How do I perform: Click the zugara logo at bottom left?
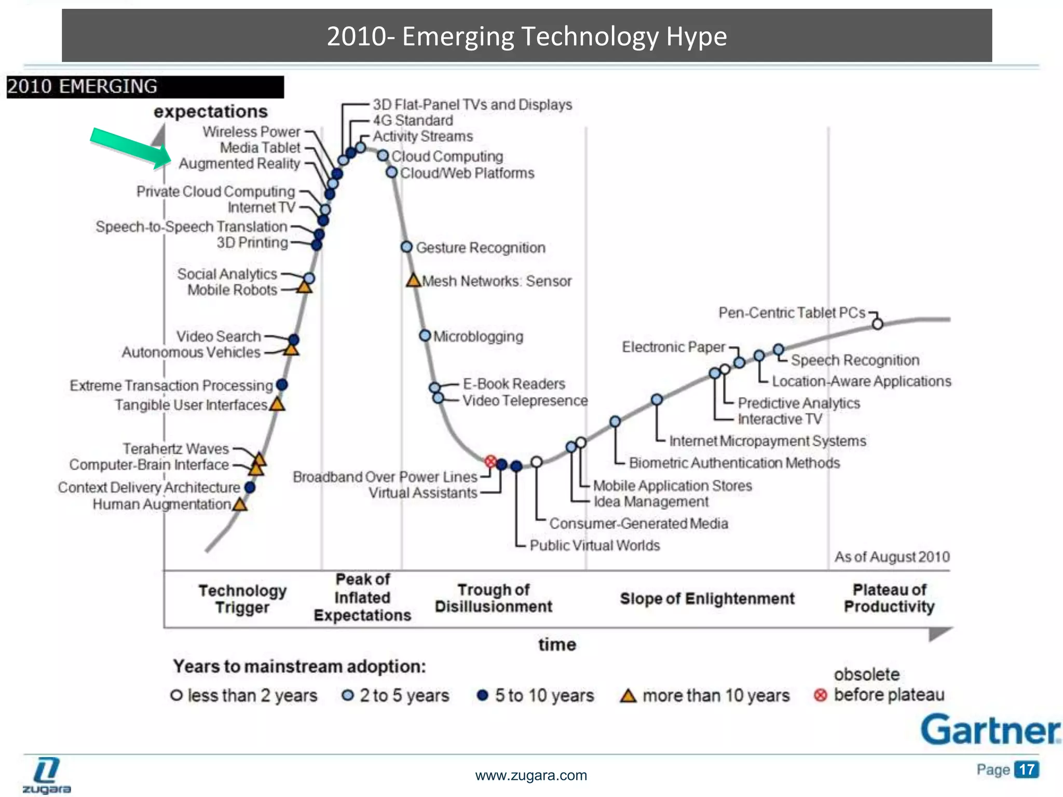point(47,775)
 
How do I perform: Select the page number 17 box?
point(1026,769)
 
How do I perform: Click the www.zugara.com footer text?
point(531,775)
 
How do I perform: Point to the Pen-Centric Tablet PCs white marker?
point(877,324)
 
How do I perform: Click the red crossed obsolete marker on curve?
point(490,461)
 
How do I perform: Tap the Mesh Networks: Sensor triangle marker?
point(413,281)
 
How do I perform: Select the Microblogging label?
point(478,336)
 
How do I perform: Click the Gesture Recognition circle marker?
point(407,247)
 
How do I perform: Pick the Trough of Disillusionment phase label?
point(493,598)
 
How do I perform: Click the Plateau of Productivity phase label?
point(889,598)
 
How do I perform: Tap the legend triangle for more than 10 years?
point(628,696)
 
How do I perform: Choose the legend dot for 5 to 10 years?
point(482,695)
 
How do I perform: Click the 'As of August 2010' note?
point(892,557)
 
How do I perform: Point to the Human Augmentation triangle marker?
point(240,504)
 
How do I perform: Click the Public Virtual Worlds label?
point(594,545)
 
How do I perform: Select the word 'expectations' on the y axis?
point(210,111)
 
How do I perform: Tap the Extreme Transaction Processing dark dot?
point(282,385)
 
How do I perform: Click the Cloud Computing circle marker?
point(383,156)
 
